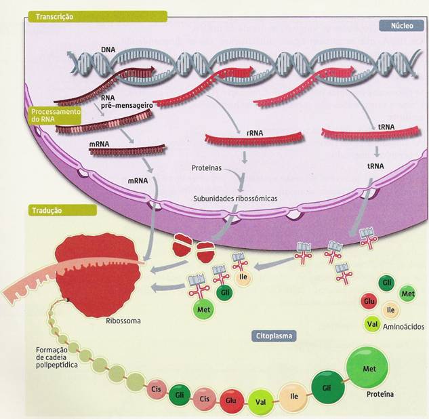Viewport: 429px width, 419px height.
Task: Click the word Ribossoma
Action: click(124, 321)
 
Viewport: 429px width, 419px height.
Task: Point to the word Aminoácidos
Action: click(404, 327)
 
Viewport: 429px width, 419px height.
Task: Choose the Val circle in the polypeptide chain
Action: click(260, 401)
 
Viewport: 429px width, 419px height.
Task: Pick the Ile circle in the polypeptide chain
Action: click(293, 395)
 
